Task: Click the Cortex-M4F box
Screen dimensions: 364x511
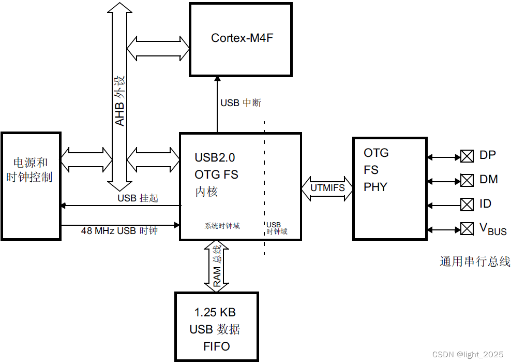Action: (241, 39)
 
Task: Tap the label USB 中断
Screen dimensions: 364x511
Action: (241, 103)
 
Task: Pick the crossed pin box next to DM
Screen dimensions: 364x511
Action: (467, 180)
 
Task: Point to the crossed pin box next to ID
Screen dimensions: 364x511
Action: (467, 205)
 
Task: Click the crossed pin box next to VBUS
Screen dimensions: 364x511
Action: (467, 228)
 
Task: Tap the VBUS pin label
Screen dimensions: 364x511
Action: (493, 229)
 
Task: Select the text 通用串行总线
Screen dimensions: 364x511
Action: (475, 261)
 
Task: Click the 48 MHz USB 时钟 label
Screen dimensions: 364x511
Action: (119, 231)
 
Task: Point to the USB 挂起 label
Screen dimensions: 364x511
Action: (138, 198)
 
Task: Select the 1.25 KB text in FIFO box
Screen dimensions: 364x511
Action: (215, 313)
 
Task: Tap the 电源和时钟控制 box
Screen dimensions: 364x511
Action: (31, 186)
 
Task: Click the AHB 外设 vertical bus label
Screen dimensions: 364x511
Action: (120, 101)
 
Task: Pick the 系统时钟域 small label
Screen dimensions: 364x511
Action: (222, 226)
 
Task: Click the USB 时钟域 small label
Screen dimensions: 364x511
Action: (277, 228)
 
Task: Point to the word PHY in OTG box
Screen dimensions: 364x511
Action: (375, 187)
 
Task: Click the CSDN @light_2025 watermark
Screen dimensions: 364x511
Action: (468, 355)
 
